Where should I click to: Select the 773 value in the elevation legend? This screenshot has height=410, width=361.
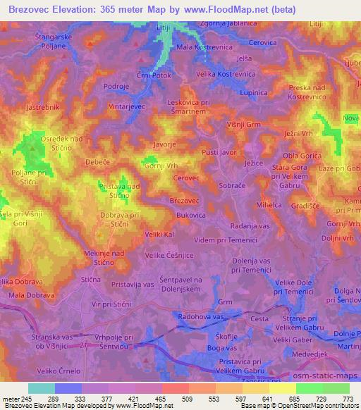pyautogui.click(x=349, y=399)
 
